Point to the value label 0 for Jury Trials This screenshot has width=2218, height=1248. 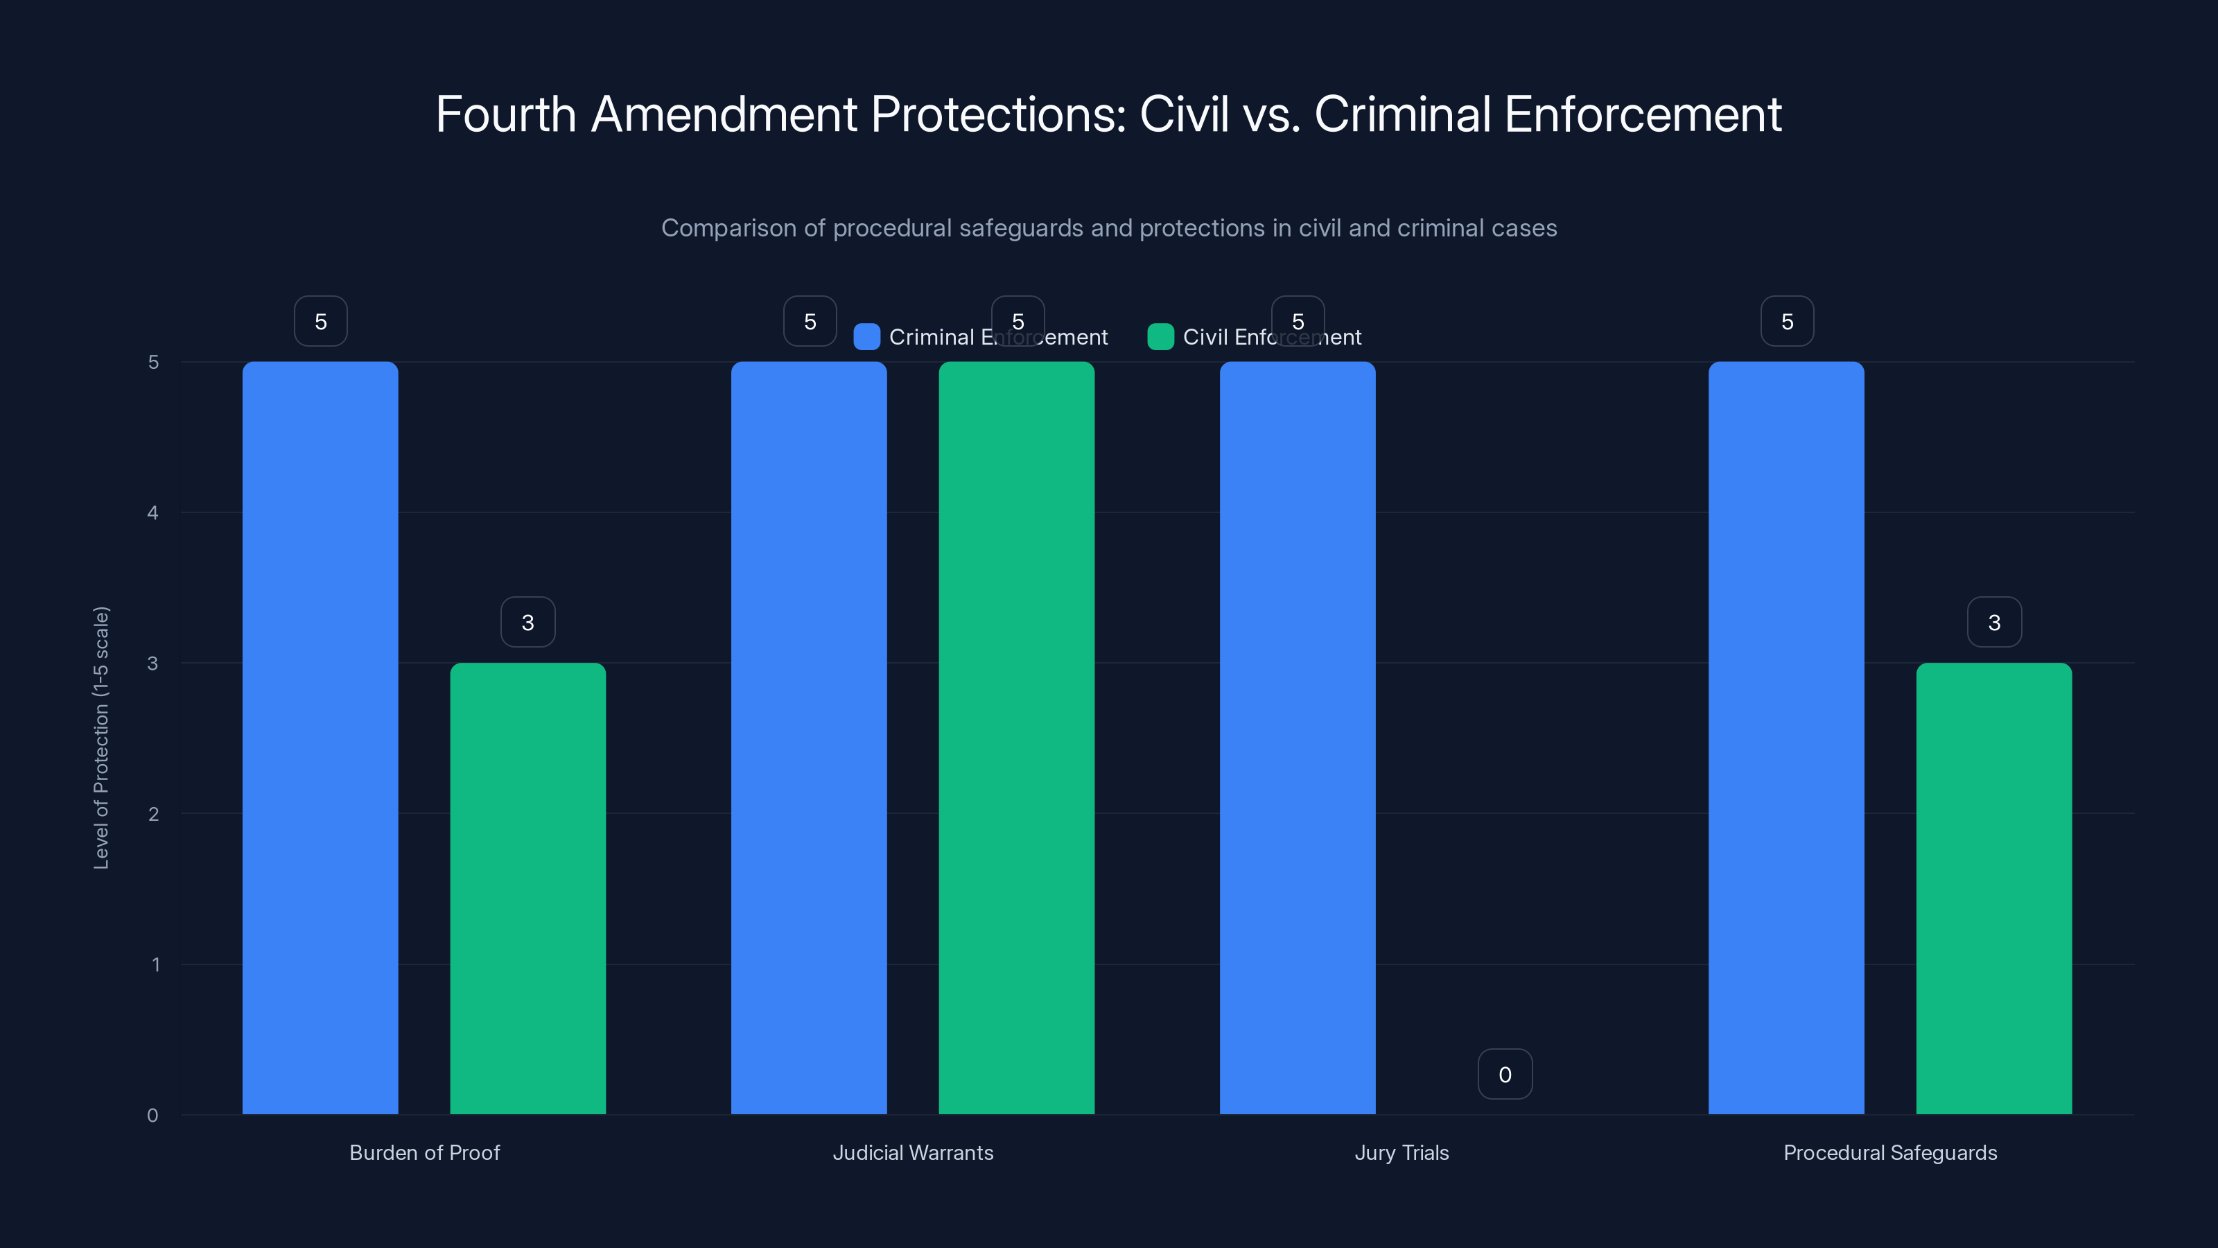[x=1505, y=1074]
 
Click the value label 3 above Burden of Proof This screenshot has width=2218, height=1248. [x=527, y=622]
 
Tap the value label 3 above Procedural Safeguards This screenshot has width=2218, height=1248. [x=1994, y=622]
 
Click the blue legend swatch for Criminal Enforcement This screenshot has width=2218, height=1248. [x=866, y=337]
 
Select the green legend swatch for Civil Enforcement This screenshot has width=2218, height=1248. [x=1161, y=337]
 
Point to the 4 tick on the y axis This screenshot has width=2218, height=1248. [x=153, y=512]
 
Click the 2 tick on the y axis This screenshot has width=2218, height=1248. [x=153, y=814]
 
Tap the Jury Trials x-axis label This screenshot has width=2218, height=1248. [x=1401, y=1152]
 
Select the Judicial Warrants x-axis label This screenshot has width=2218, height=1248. [x=913, y=1152]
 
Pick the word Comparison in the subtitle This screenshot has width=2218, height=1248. [x=728, y=228]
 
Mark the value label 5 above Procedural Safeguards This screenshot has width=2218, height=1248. [x=1788, y=321]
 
